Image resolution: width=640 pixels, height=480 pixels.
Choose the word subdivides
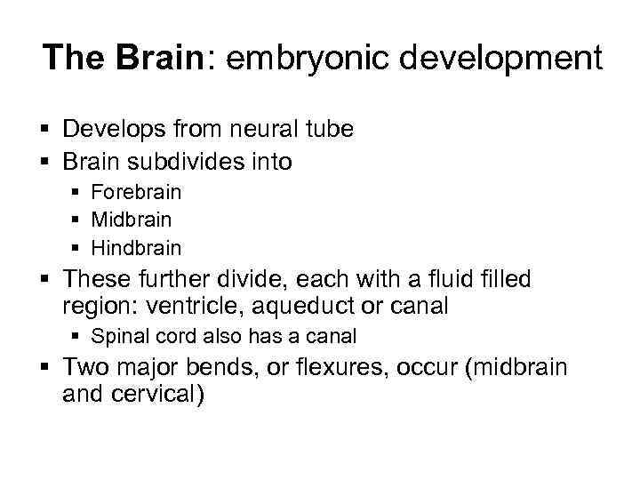(191, 163)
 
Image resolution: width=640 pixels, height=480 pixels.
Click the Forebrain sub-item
(136, 192)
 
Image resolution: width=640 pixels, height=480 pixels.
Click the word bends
(236, 368)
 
